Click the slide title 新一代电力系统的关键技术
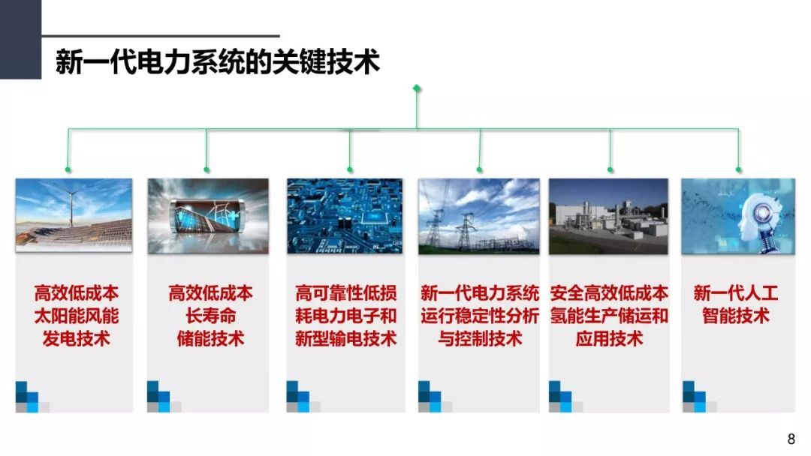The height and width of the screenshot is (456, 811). tap(218, 62)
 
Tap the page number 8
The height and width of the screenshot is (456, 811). tap(791, 439)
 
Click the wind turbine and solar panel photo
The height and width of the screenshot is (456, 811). tap(74, 215)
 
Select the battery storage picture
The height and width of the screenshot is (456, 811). tap(208, 216)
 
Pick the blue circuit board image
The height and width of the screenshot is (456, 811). tap(345, 216)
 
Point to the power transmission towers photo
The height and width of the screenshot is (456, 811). tap(478, 217)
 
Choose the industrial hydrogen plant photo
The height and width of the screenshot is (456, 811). tap(608, 217)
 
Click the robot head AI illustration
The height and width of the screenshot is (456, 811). tap(738, 217)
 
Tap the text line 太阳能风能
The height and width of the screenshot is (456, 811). tap(77, 316)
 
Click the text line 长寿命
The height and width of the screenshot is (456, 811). tap(210, 316)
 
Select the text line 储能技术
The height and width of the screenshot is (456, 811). tap(210, 339)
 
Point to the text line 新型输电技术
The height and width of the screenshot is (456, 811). tap(345, 339)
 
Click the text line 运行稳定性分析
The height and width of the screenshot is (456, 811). tap(479, 316)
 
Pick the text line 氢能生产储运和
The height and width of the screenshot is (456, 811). tap(609, 316)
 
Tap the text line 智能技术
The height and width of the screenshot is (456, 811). tap(735, 316)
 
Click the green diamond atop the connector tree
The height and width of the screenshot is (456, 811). tap(417, 88)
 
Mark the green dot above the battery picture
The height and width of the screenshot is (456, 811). tap(207, 170)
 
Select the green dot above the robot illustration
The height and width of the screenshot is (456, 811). tap(739, 170)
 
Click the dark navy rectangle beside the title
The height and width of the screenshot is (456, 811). tap(20, 39)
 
